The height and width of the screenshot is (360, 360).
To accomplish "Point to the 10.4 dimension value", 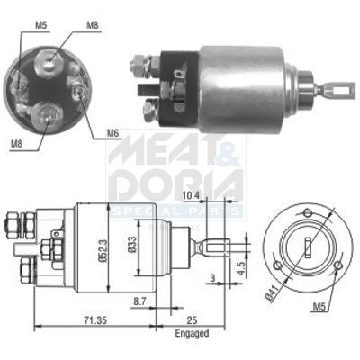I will (189, 194).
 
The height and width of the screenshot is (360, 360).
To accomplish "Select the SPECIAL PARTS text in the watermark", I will (176, 211).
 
